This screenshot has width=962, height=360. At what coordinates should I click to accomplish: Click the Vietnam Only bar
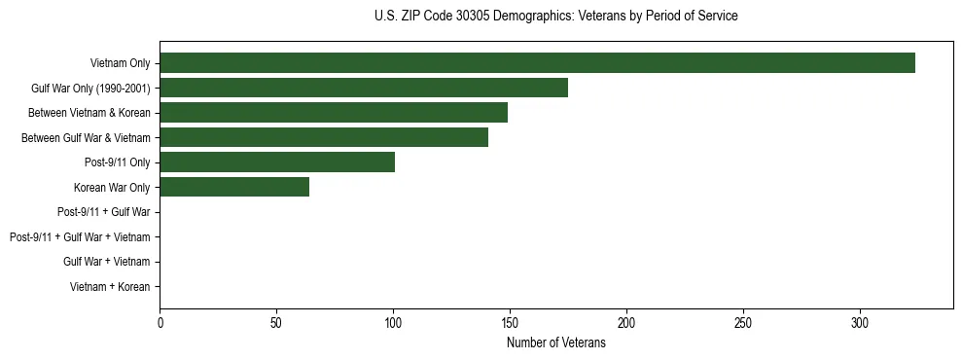(x=537, y=63)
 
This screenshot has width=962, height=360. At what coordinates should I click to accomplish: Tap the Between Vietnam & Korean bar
(x=334, y=113)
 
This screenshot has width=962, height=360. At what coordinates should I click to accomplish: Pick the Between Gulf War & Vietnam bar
(x=324, y=138)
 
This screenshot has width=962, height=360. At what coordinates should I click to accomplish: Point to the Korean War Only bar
(x=234, y=188)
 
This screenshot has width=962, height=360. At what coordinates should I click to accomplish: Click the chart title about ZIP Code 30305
(x=555, y=17)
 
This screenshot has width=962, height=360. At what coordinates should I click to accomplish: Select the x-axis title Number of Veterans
(x=555, y=342)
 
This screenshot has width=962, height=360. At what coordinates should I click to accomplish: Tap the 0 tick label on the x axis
(x=160, y=322)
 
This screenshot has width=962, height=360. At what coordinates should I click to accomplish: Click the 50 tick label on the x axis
(x=276, y=322)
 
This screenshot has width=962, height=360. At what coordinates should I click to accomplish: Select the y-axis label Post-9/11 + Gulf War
(x=104, y=212)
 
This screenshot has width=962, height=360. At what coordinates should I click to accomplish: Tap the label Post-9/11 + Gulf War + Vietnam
(x=80, y=237)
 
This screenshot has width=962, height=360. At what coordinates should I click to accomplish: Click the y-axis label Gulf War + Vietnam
(x=107, y=262)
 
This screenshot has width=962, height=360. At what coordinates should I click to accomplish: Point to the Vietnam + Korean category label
(x=110, y=287)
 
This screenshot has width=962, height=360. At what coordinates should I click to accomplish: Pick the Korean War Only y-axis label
(x=112, y=188)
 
